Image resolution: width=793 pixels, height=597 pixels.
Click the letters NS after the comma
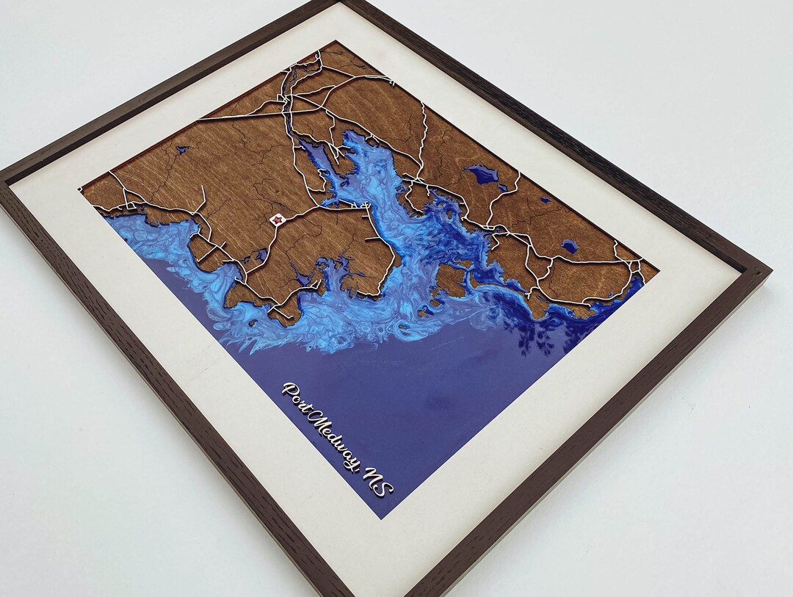tap(378, 485)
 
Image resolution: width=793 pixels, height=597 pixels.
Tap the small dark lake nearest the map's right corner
tap(569, 247)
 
